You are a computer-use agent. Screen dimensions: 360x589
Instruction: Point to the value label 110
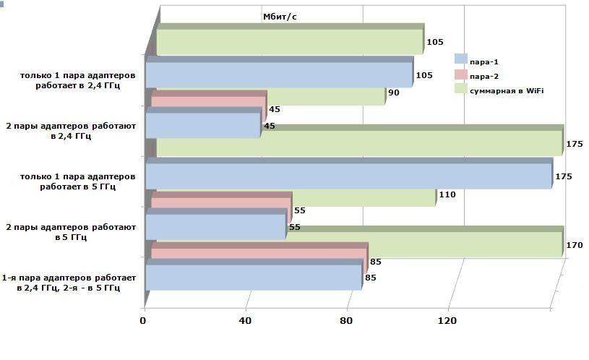tap(447, 194)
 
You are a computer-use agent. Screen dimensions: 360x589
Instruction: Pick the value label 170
tap(574, 245)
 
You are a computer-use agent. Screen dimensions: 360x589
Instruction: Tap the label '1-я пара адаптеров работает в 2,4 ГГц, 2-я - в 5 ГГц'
tap(69, 283)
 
